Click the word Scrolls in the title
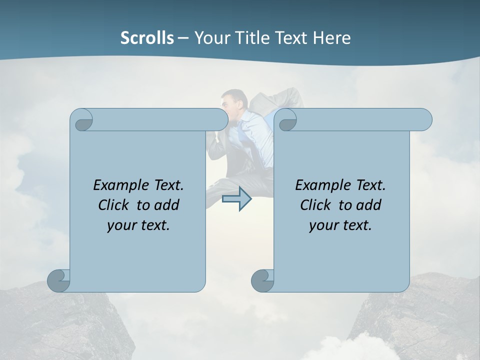[x=147, y=38]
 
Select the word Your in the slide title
[x=210, y=38]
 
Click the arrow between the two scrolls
[x=237, y=199]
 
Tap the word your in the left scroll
[x=121, y=225]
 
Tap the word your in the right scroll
[x=323, y=225]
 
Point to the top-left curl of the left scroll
[x=82, y=120]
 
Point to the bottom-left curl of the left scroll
[x=59, y=280]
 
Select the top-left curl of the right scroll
[x=287, y=120]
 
